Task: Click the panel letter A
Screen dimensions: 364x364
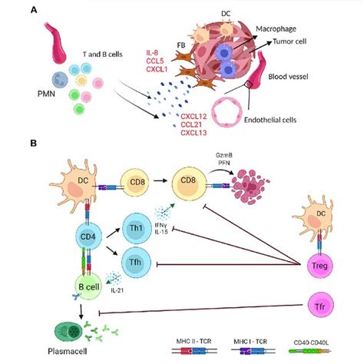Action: (x=34, y=10)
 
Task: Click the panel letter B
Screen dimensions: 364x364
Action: (x=34, y=143)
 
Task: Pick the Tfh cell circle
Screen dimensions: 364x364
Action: (x=137, y=262)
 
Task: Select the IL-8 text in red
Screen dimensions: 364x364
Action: (x=156, y=52)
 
